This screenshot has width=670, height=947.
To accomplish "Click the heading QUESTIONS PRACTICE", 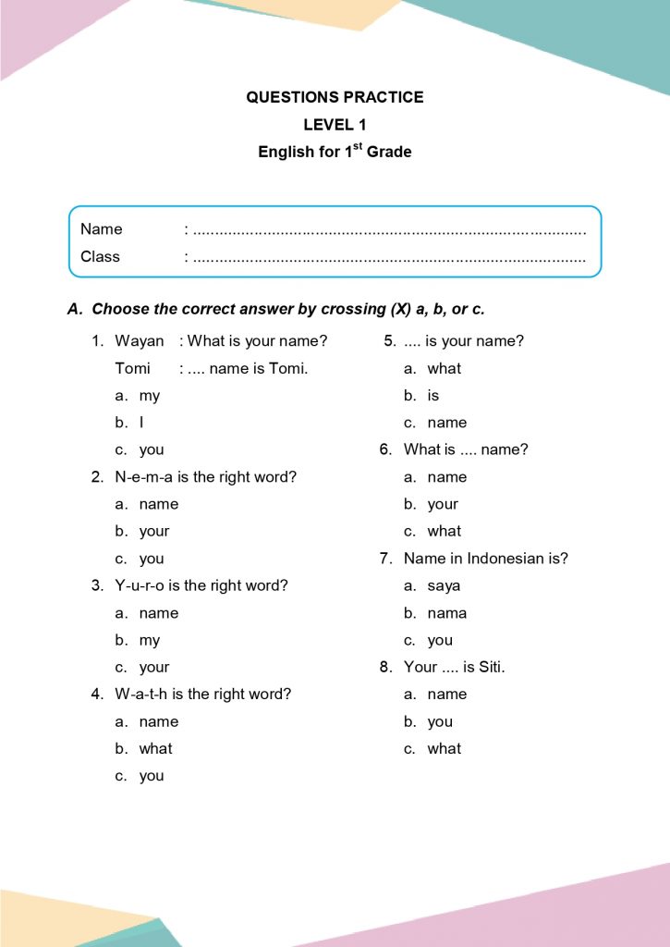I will pyautogui.click(x=335, y=97).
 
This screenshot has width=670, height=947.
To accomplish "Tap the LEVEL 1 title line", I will pyautogui.click(x=335, y=125).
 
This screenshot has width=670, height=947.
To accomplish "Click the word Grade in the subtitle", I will pyautogui.click(x=389, y=152).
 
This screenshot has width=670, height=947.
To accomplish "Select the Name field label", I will pyautogui.click(x=101, y=229).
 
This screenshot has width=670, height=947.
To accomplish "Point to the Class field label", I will pyautogui.click(x=100, y=256).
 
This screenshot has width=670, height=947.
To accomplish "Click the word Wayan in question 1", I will pyautogui.click(x=139, y=341).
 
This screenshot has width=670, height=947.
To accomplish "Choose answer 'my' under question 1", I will pyautogui.click(x=149, y=396).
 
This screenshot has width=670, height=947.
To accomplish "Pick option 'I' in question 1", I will pyautogui.click(x=141, y=423).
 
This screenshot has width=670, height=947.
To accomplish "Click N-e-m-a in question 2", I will pyautogui.click(x=146, y=477).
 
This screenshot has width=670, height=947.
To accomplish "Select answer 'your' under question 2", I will pyautogui.click(x=154, y=532).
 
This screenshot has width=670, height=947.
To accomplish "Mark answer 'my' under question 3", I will pyautogui.click(x=149, y=640).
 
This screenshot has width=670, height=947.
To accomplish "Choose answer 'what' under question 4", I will pyautogui.click(x=155, y=749).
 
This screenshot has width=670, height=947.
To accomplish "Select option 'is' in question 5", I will pyautogui.click(x=433, y=396).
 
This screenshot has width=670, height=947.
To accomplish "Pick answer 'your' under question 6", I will pyautogui.click(x=443, y=505).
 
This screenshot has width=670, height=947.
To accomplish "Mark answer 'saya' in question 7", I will pyautogui.click(x=444, y=586).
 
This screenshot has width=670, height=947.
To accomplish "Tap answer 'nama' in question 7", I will pyautogui.click(x=447, y=613).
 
